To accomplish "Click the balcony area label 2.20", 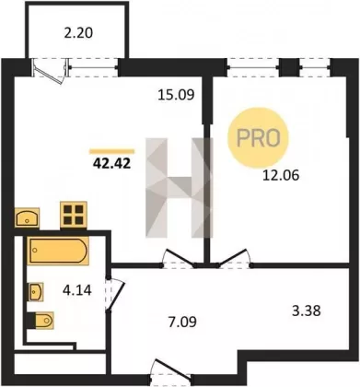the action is [x=78, y=33].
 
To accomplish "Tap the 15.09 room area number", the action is [x=176, y=95].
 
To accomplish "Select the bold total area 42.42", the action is [x=112, y=163].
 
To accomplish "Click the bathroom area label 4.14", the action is [x=77, y=290].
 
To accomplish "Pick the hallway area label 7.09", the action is [x=182, y=322].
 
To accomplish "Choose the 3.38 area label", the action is [x=307, y=311].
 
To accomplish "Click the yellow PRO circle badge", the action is [x=258, y=138].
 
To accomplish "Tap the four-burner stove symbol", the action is [x=74, y=215].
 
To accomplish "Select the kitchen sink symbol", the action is [x=27, y=217].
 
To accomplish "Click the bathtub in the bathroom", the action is [x=58, y=251].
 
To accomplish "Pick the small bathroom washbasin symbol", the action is [x=36, y=292].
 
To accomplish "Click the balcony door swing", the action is [x=49, y=71].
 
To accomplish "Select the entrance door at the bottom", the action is [x=171, y=369].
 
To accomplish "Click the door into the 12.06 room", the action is [x=234, y=258].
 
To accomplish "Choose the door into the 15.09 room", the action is [x=179, y=258].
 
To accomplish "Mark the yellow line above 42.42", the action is [x=112, y=151].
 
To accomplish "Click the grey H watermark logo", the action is [x=180, y=188].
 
